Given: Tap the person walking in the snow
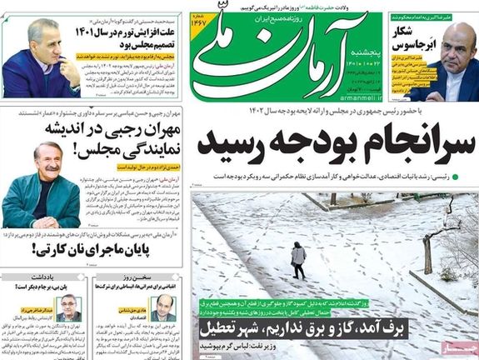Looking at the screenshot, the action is pyautogui.click(x=297, y=260).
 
